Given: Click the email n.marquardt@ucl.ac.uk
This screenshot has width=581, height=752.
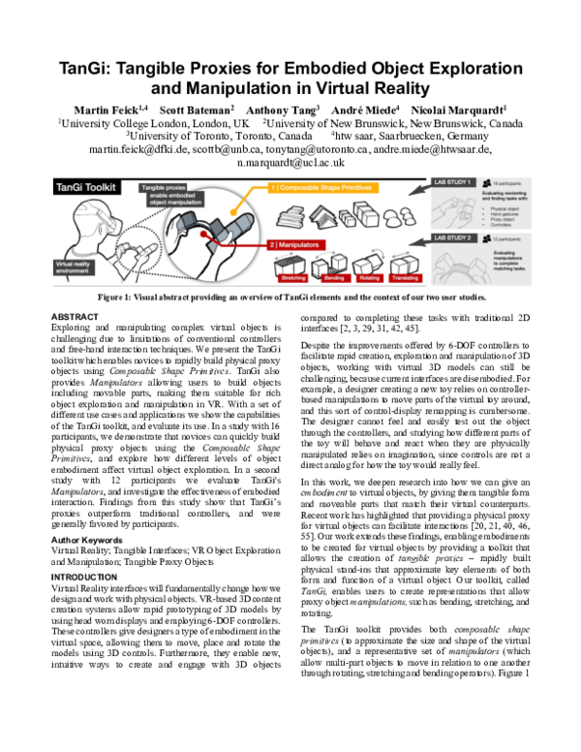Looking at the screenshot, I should coord(290,166).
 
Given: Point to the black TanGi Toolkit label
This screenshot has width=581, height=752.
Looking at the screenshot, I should coord(87,186).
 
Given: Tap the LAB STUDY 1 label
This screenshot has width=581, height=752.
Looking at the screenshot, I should coord(453,183).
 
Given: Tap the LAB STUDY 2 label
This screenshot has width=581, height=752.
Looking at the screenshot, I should coord(453,236).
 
